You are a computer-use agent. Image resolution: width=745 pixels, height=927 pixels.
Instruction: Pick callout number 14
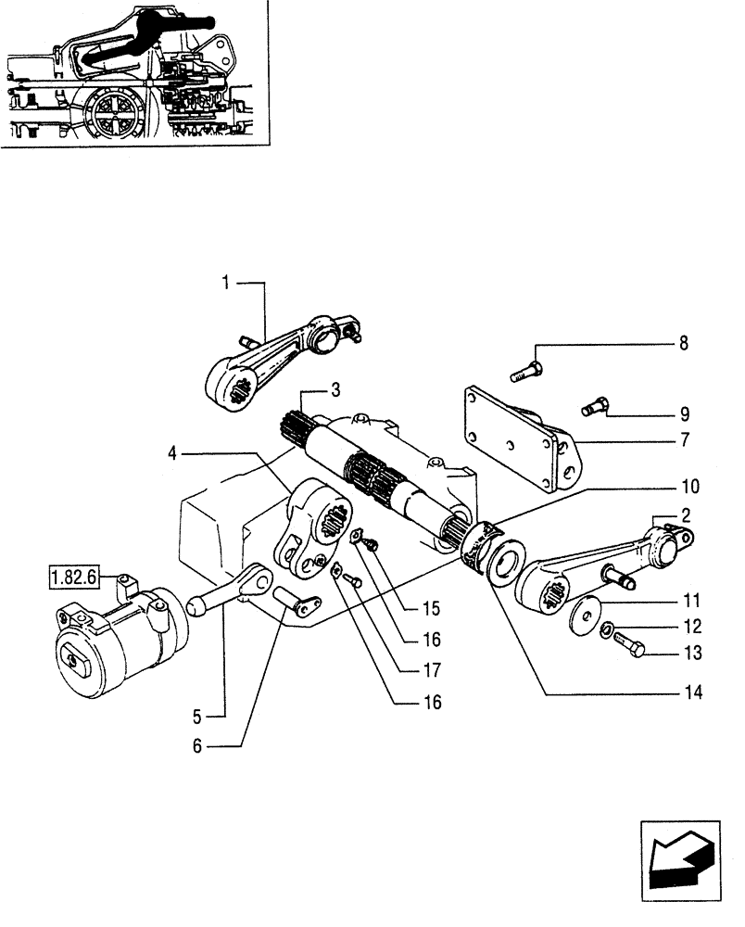692,692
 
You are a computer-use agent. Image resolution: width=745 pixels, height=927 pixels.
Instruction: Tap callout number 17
431,669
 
